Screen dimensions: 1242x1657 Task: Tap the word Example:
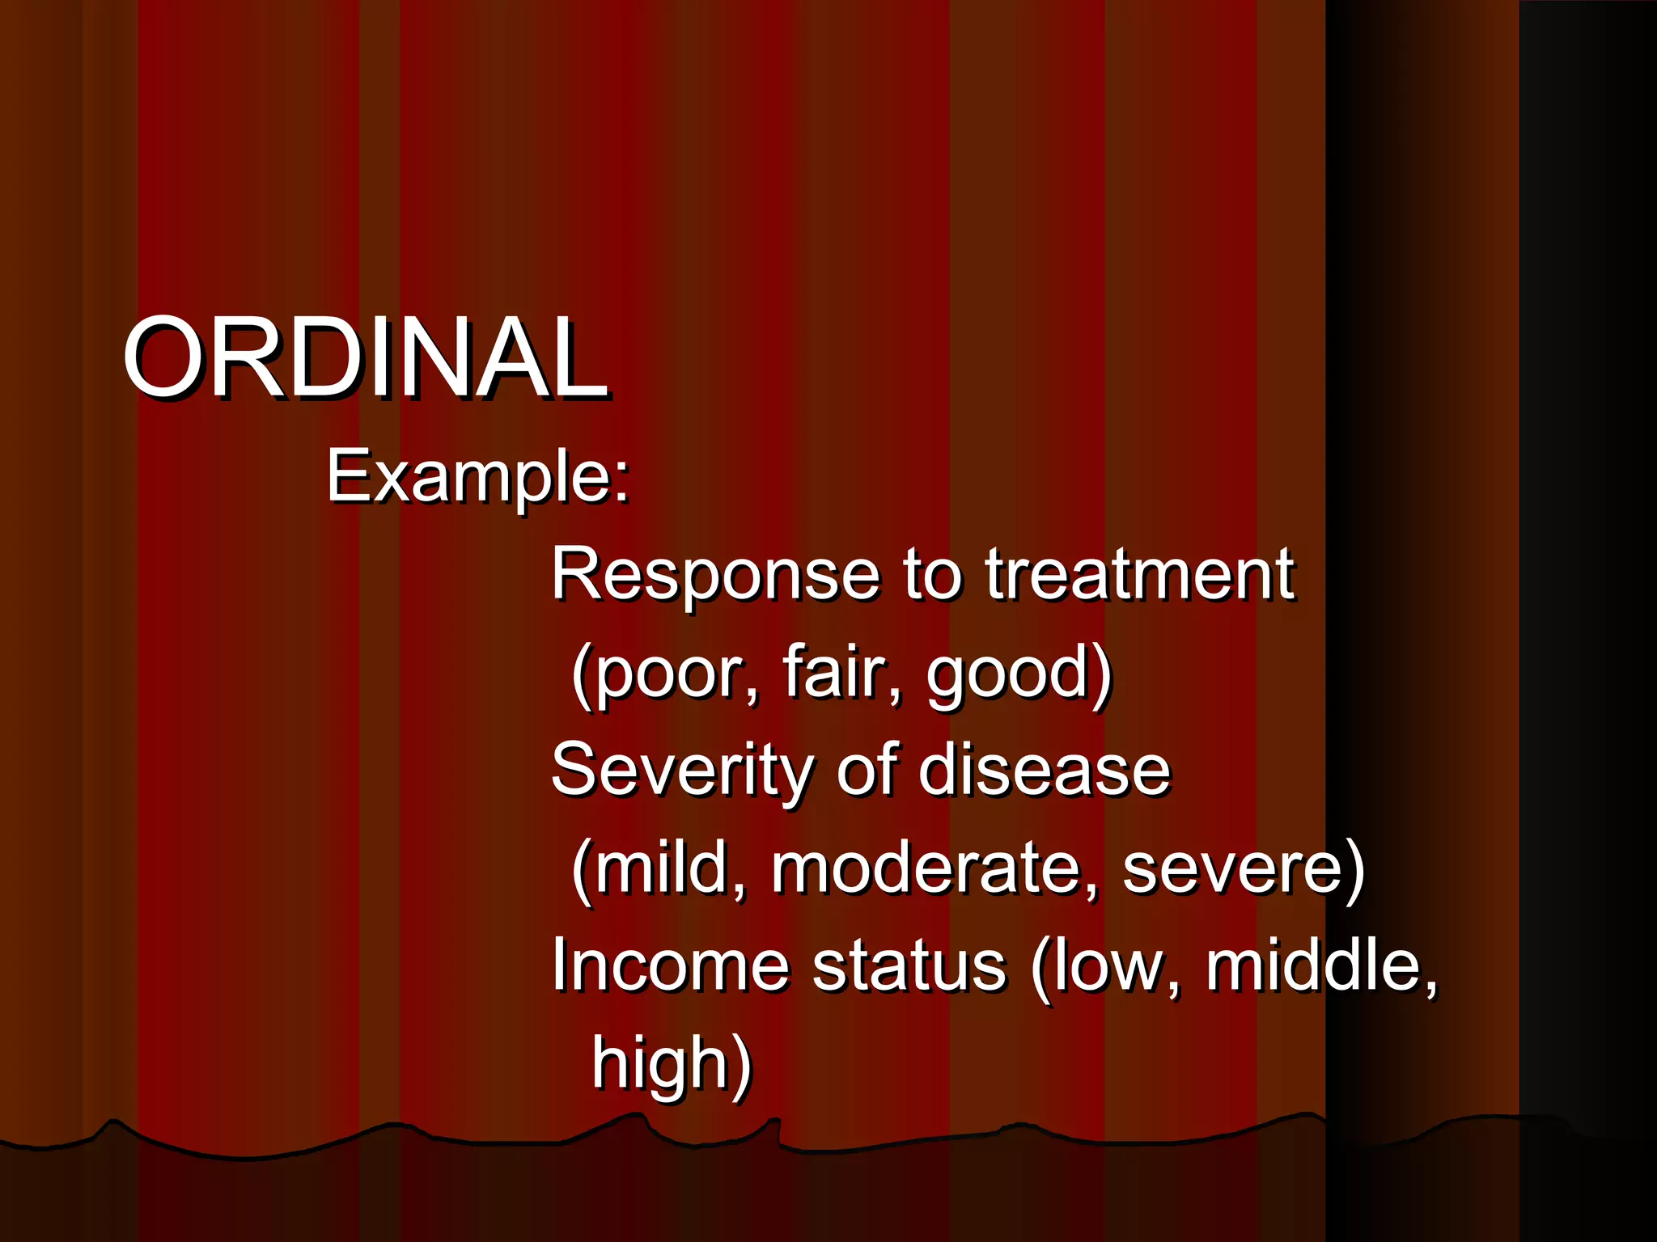(477, 478)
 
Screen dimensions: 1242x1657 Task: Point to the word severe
(1233, 869)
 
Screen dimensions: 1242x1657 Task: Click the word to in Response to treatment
(931, 575)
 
